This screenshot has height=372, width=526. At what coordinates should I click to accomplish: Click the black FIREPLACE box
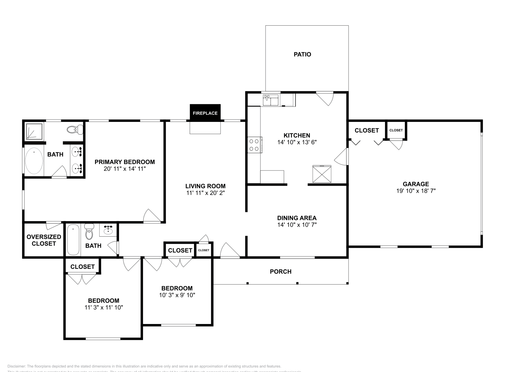[x=205, y=113]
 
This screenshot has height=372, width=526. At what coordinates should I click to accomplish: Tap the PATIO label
[x=302, y=54]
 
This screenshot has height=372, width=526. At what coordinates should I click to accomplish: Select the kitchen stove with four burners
[x=254, y=145]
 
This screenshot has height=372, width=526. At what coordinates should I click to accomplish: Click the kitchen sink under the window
[x=270, y=100]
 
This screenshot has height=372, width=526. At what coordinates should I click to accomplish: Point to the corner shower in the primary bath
[x=34, y=131]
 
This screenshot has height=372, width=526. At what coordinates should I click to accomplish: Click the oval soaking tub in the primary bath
[x=34, y=161]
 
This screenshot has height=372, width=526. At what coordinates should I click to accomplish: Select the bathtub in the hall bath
[x=73, y=240]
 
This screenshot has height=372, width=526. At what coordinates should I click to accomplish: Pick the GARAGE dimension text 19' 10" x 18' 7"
[x=416, y=190]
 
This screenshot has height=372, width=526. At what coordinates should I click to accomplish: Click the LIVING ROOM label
[x=205, y=186]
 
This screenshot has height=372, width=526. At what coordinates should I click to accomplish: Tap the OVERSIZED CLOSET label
[x=44, y=240]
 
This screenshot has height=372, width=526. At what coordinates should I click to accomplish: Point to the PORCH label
[x=280, y=271]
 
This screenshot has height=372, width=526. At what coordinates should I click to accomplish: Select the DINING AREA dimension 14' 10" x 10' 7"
[x=297, y=225]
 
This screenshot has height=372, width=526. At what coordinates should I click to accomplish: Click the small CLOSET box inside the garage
[x=396, y=130]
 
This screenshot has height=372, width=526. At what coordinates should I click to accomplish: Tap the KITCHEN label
[x=297, y=135]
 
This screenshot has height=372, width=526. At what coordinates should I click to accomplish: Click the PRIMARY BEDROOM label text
[x=125, y=162]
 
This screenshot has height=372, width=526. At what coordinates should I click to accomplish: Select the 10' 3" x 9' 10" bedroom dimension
[x=177, y=295]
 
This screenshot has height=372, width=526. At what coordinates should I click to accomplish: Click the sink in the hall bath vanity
[x=108, y=230]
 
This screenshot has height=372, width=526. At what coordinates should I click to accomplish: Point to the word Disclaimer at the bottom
[x=16, y=366]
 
